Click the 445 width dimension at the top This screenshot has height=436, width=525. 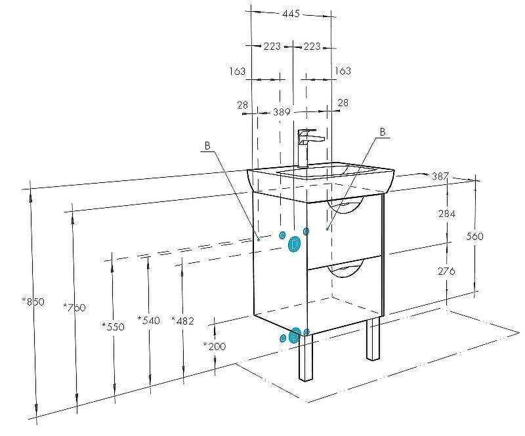292,14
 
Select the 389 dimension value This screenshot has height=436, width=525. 282,112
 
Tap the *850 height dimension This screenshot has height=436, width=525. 33,302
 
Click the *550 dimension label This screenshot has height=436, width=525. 113,326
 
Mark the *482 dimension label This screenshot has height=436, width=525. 182,320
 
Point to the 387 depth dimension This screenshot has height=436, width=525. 440,176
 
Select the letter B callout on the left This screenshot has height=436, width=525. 207,146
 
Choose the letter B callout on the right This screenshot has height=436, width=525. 382,130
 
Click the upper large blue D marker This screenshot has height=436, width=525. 295,244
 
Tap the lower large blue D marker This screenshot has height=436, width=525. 295,335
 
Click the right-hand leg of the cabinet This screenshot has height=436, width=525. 373,339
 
